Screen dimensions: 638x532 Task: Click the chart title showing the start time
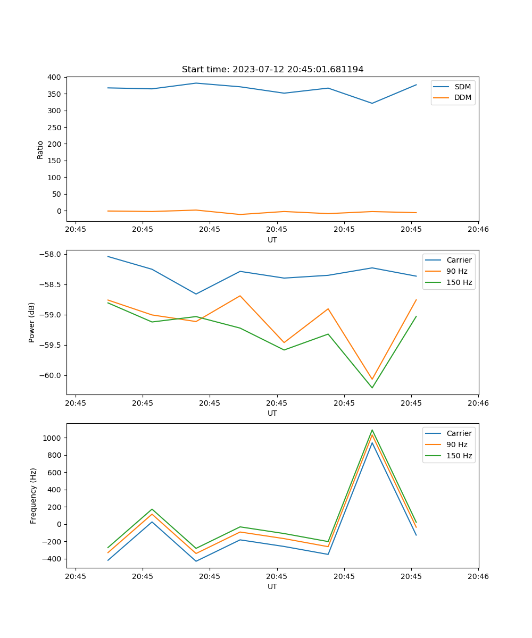click(x=272, y=70)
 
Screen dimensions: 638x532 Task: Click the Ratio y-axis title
click(x=40, y=149)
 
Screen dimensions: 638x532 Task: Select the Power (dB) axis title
click(x=32, y=322)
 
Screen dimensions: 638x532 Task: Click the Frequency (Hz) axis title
click(x=33, y=496)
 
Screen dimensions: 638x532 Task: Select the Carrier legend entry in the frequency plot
click(x=459, y=433)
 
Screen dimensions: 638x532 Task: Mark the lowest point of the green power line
click(x=372, y=388)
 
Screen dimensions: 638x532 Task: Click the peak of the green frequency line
click(x=372, y=430)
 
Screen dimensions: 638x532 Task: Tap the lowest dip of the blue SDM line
click(x=372, y=103)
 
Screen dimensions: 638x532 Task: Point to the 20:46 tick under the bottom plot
click(x=478, y=576)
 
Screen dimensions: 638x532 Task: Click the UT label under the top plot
click(x=272, y=240)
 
